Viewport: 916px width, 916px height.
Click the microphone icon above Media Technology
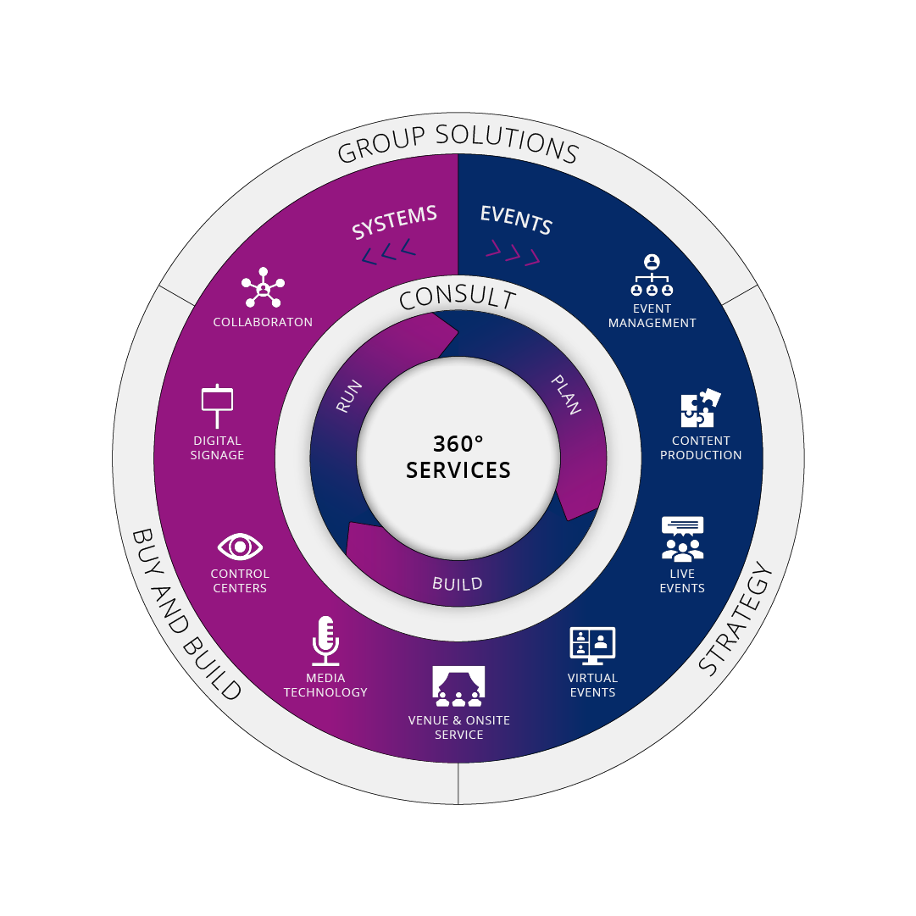(x=325, y=641)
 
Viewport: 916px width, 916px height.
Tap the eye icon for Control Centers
(x=240, y=547)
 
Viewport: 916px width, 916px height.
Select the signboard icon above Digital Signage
(x=217, y=406)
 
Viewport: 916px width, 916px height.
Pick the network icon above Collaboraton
(x=263, y=287)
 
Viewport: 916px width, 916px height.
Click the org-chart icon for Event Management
(x=652, y=275)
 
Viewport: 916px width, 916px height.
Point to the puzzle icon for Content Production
(x=701, y=408)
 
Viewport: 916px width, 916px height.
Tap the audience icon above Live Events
(x=682, y=539)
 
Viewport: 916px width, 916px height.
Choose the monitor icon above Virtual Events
(x=592, y=646)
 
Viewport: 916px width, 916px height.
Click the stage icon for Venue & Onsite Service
(x=458, y=686)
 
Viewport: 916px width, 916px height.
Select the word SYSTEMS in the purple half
(x=394, y=222)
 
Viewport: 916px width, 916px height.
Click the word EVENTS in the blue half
(x=516, y=220)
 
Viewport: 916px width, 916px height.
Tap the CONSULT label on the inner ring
(x=458, y=297)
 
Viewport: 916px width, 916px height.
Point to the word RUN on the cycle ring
(x=349, y=396)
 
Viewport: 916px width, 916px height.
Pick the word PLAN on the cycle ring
(x=566, y=395)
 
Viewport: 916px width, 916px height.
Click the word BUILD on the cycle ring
(x=458, y=584)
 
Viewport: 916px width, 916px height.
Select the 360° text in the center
(x=458, y=444)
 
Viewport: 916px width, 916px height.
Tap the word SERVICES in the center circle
(x=458, y=470)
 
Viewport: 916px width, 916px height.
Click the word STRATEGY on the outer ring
(x=736, y=618)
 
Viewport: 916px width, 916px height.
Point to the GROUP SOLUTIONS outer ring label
(x=458, y=142)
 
